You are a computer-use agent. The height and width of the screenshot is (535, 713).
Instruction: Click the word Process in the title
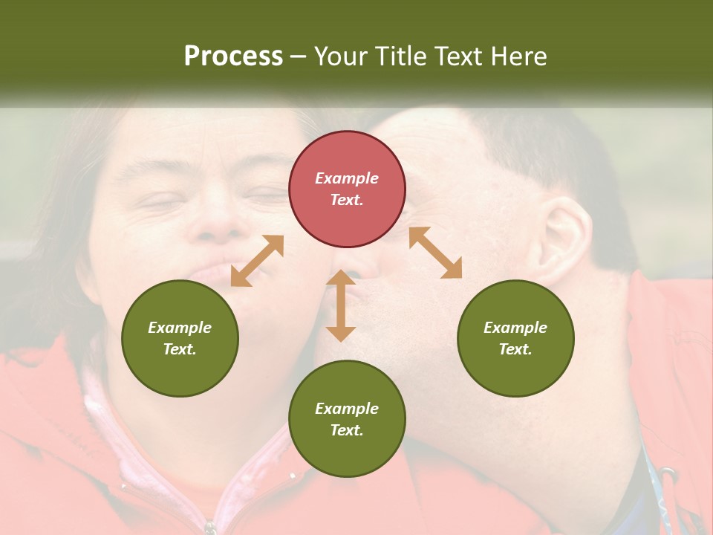233,56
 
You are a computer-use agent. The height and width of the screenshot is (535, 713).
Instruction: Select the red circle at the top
347,189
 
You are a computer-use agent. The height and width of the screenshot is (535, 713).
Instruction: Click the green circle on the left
180,338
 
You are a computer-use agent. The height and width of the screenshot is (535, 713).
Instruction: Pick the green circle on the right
515,338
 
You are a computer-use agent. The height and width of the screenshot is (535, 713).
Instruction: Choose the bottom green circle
347,418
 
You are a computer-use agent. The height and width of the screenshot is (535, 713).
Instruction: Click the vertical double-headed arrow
341,305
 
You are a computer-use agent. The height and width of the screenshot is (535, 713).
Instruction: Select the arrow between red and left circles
257,261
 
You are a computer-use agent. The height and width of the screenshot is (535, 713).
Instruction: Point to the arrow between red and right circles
435,253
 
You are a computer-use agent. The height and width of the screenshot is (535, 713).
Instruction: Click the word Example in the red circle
347,178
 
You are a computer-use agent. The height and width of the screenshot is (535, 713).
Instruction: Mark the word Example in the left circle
180,328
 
